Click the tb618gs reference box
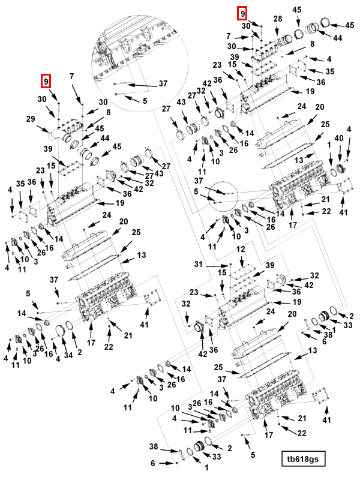[303, 459]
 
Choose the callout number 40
[340, 139]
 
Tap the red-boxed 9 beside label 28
[242, 13]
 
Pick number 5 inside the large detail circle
[145, 100]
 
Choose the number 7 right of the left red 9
[71, 76]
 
